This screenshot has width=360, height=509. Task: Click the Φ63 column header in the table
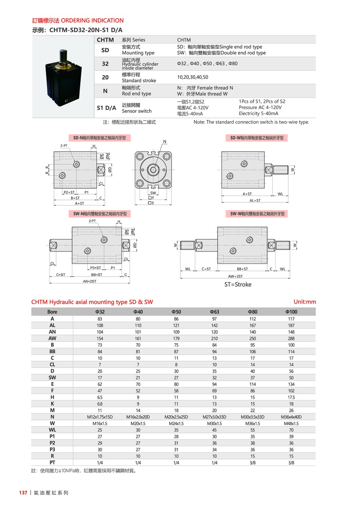pyautogui.click(x=214, y=312)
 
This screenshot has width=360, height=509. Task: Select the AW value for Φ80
pyautogui.click(x=252, y=338)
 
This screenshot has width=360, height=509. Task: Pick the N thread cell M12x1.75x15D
pyautogui.click(x=100, y=417)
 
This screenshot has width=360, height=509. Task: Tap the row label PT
pyautogui.click(x=52, y=463)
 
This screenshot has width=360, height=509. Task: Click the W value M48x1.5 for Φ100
pyautogui.click(x=291, y=423)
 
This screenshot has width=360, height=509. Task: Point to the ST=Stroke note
pyautogui.click(x=238, y=285)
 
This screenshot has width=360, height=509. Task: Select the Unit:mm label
pyautogui.click(x=304, y=302)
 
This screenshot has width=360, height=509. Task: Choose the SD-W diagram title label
pyautogui.click(x=257, y=138)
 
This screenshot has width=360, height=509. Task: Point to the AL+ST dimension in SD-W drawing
pyautogui.click(x=255, y=200)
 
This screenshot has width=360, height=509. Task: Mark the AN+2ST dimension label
pyautogui.click(x=90, y=281)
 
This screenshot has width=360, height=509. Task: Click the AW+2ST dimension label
pyautogui.click(x=235, y=276)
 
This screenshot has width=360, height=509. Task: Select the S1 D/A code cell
pyautogui.click(x=106, y=108)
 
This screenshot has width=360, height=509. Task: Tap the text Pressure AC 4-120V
pyautogui.click(x=260, y=108)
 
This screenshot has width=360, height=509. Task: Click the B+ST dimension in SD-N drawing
pyautogui.click(x=75, y=198)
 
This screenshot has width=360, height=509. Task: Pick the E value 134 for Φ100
pyautogui.click(x=291, y=384)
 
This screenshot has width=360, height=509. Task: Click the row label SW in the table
pyautogui.click(x=52, y=377)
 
